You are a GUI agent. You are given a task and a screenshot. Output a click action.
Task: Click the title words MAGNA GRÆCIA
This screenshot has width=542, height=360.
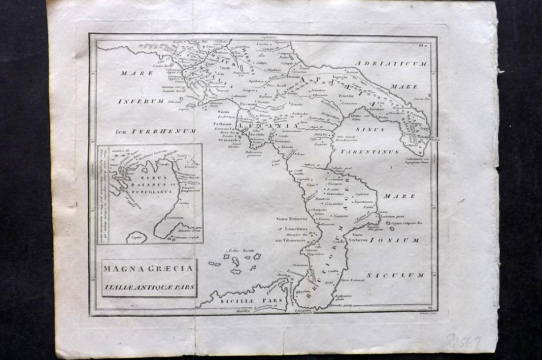pyautogui.click(x=149, y=270)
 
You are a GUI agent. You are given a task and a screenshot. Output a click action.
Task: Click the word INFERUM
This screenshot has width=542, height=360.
pyautogui.click(x=140, y=101)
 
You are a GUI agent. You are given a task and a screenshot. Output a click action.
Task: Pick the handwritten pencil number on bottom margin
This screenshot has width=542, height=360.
pyautogui.click(x=463, y=341)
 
